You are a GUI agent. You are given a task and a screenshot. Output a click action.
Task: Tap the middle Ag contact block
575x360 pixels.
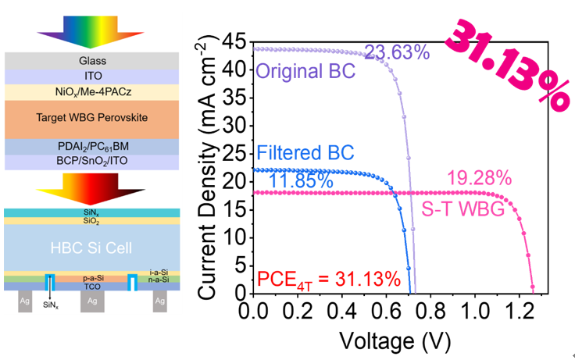click(92, 301)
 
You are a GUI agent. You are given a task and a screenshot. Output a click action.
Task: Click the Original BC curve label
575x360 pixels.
click(305, 72)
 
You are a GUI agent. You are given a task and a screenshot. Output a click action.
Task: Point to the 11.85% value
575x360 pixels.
click(302, 182)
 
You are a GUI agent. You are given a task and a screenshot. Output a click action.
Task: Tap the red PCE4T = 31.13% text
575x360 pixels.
click(329, 279)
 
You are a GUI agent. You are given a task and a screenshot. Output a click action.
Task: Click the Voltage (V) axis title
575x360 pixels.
click(395, 340)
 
